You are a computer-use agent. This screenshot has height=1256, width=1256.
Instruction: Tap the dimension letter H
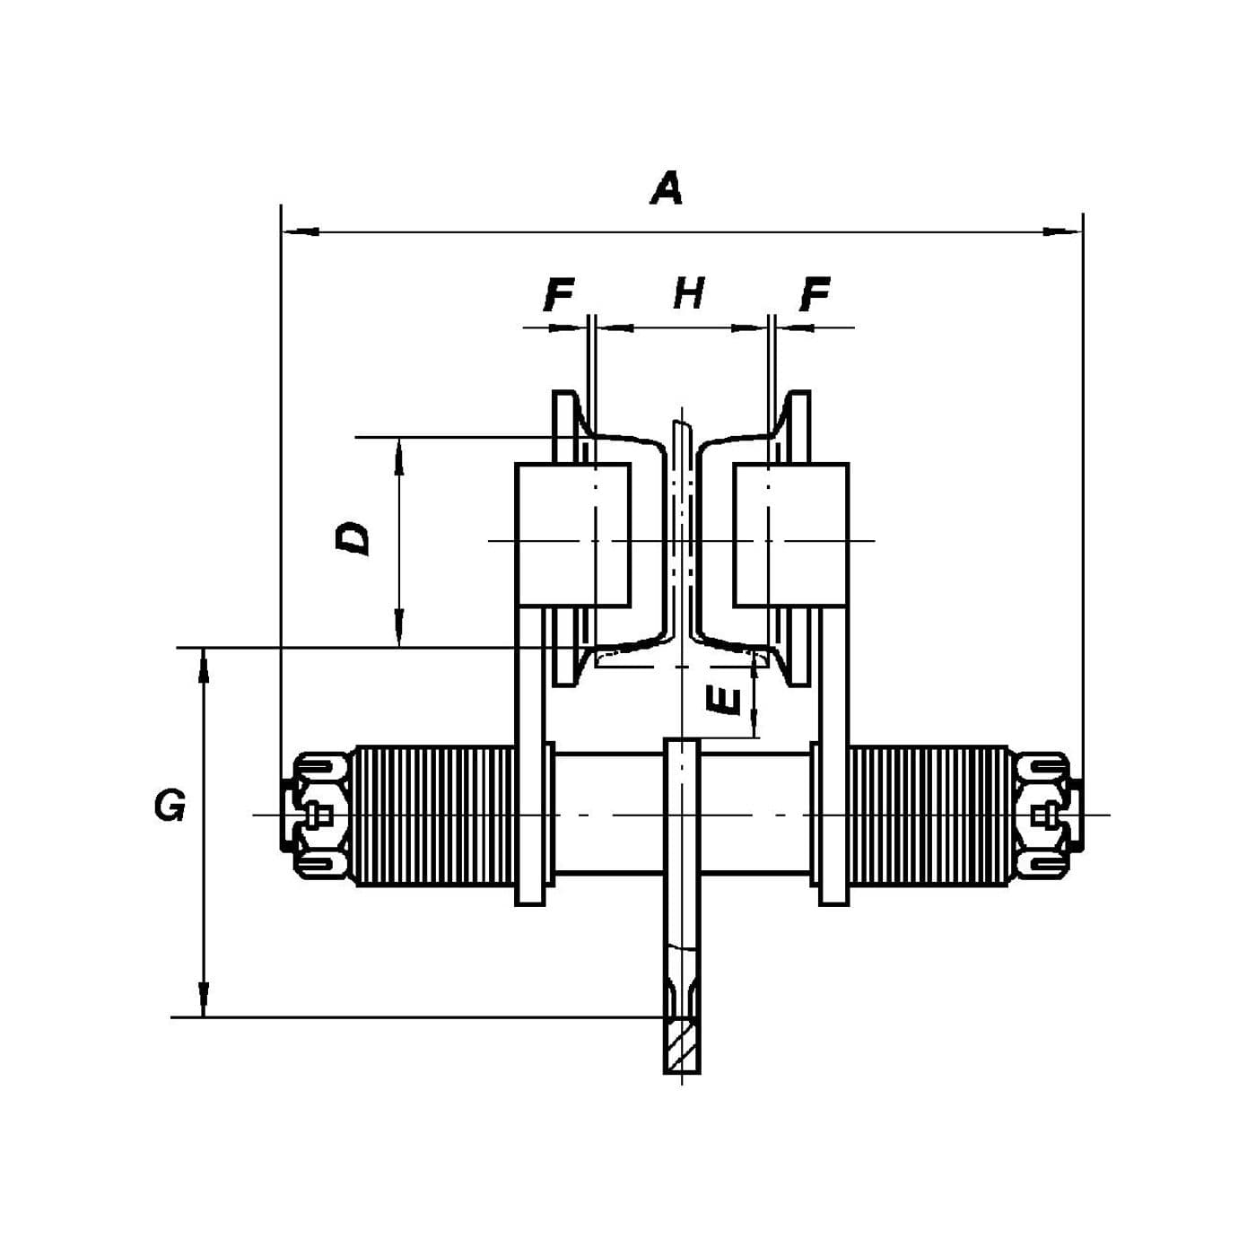689,293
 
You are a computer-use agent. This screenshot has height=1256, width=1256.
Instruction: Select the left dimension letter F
559,295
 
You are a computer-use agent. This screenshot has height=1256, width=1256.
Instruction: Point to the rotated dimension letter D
353,538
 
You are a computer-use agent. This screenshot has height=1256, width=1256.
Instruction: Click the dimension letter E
725,701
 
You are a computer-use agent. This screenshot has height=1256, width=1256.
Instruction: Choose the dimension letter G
170,805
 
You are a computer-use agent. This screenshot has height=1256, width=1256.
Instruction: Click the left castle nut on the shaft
316,815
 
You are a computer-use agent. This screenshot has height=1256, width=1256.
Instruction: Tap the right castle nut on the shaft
1046,815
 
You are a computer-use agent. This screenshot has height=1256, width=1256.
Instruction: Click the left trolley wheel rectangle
572,535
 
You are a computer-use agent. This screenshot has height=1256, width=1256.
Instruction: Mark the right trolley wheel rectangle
790,535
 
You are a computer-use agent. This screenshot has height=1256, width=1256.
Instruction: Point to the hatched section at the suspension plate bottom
682,1045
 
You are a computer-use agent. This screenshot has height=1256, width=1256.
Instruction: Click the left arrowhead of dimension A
298,232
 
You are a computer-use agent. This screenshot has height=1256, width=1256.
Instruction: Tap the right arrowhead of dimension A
1066,232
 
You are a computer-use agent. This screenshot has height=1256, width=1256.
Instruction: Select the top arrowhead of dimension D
398,453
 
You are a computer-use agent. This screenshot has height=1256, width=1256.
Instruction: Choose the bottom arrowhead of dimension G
204,1001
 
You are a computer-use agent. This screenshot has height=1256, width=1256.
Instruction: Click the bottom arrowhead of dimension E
754,723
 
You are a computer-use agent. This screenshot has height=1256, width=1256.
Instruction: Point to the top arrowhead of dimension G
204,663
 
